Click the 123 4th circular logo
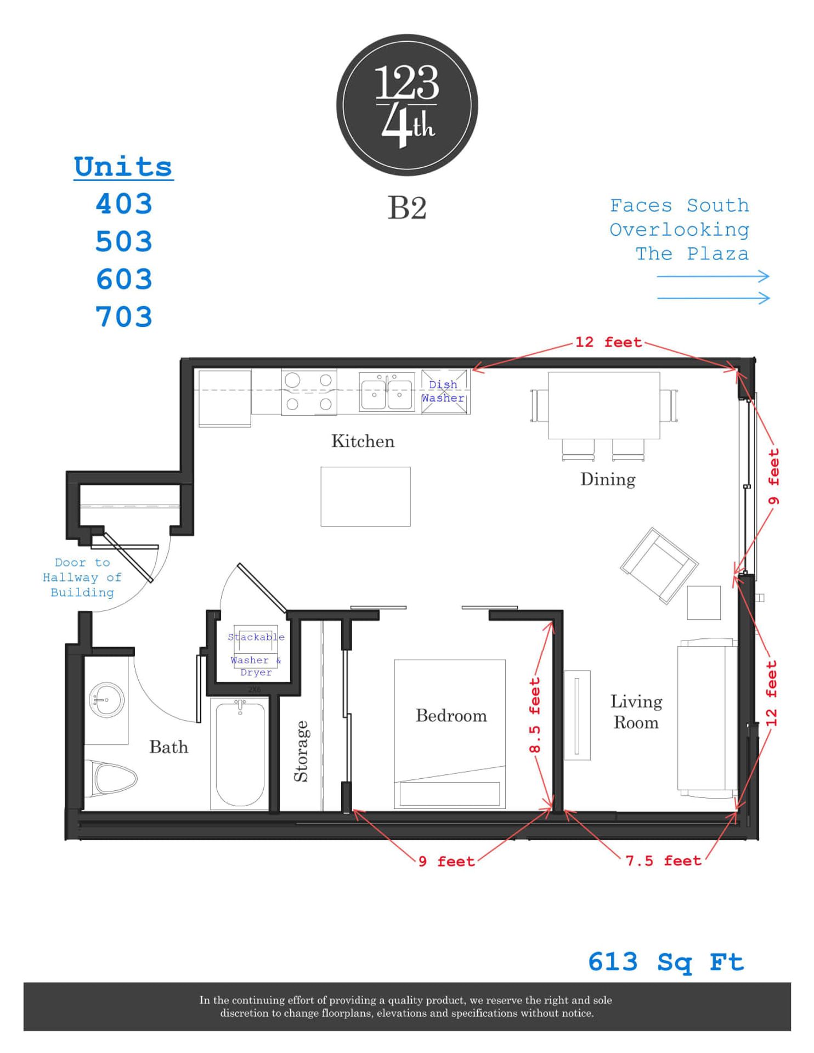pyautogui.click(x=406, y=105)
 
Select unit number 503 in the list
pyautogui.click(x=124, y=241)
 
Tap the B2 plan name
pyautogui.click(x=406, y=208)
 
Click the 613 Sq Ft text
pyautogui.click(x=665, y=962)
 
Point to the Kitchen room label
pyautogui.click(x=363, y=441)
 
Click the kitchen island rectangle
pyautogui.click(x=365, y=496)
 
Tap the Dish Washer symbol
pyautogui.click(x=445, y=392)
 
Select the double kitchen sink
pyautogui.click(x=387, y=392)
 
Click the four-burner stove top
pyautogui.click(x=309, y=392)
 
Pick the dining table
pyautogui.click(x=603, y=405)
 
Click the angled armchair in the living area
pyautogui.click(x=658, y=565)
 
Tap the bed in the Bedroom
pyautogui.click(x=449, y=734)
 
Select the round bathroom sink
pyautogui.click(x=106, y=700)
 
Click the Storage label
pyautogui.click(x=301, y=751)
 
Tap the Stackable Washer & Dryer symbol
pyautogui.click(x=256, y=653)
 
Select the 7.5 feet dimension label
pyautogui.click(x=663, y=860)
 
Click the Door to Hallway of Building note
pyautogui.click(x=82, y=577)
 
